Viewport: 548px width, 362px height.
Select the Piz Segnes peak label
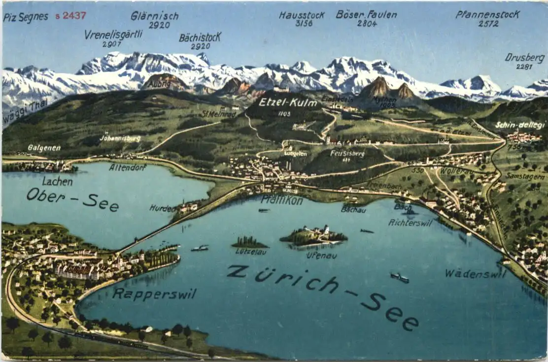pos(26,17)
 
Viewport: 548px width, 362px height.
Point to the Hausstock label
pos(302,15)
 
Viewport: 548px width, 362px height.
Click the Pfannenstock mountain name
pos(487,14)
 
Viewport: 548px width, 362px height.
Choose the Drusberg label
pos(525,58)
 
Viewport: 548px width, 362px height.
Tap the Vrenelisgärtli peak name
pos(113,35)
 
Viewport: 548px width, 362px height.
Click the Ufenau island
pos(313,236)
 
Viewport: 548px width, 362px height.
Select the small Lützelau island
pos(249,242)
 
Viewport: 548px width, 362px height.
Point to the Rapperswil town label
pos(154,294)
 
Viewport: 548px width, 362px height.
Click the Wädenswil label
pos(476,273)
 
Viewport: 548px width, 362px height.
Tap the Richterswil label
pos(410,222)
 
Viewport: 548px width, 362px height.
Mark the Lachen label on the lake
pos(57,181)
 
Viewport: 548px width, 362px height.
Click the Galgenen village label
pos(44,147)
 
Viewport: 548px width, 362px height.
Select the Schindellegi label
pos(520,125)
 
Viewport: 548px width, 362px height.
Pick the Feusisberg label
pos(347,153)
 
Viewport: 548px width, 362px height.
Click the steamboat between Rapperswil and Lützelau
pos(200,248)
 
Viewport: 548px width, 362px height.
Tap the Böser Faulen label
pos(366,14)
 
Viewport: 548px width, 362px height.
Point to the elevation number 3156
pos(304,23)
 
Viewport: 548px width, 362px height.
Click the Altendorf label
pos(127,167)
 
